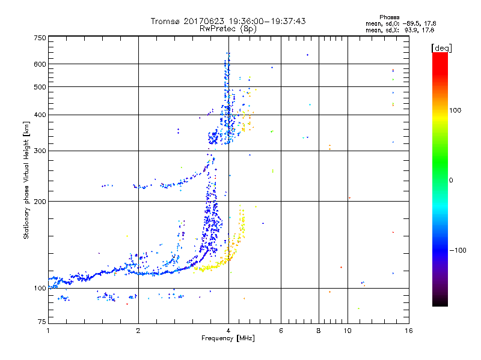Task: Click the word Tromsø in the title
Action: tap(167, 21)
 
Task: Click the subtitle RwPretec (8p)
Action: tap(228, 28)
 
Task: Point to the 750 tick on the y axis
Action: tap(40, 38)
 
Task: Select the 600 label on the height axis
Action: tap(40, 64)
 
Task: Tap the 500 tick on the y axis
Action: tap(40, 87)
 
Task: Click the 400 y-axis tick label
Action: tap(40, 115)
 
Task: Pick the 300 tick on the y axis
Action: tap(40, 151)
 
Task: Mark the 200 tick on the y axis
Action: tap(40, 202)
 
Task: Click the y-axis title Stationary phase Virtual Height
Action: tap(26, 180)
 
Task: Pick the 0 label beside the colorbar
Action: tap(451, 180)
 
